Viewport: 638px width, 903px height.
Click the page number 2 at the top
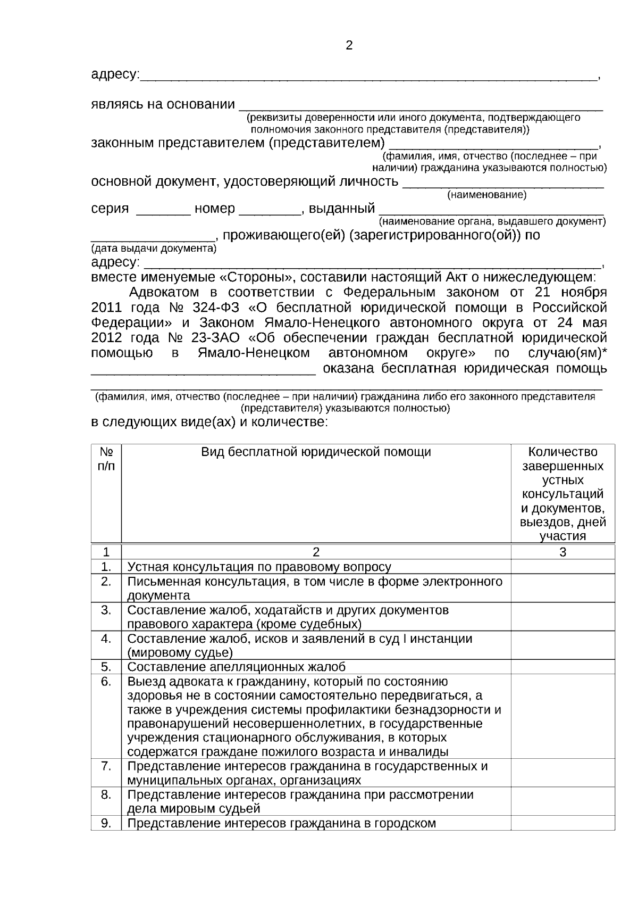click(349, 46)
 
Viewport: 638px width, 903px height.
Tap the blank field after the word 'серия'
click(163, 210)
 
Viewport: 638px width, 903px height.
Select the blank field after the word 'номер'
click(270, 210)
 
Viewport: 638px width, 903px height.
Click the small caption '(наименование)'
click(486, 195)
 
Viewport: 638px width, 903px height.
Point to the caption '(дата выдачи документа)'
click(154, 248)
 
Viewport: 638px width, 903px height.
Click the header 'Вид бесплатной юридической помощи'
click(316, 452)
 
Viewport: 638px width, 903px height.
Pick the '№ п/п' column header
click(106, 459)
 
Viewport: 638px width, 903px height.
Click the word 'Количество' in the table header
click(563, 452)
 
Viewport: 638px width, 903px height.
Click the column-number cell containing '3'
click(563, 552)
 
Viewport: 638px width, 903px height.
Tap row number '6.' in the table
click(106, 681)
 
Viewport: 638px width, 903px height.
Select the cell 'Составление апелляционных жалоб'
click(237, 667)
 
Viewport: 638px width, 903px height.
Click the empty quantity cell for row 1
click(563, 567)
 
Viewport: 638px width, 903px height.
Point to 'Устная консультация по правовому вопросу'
click(259, 567)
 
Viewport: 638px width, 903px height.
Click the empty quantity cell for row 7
click(563, 773)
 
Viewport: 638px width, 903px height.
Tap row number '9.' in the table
click(106, 823)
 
